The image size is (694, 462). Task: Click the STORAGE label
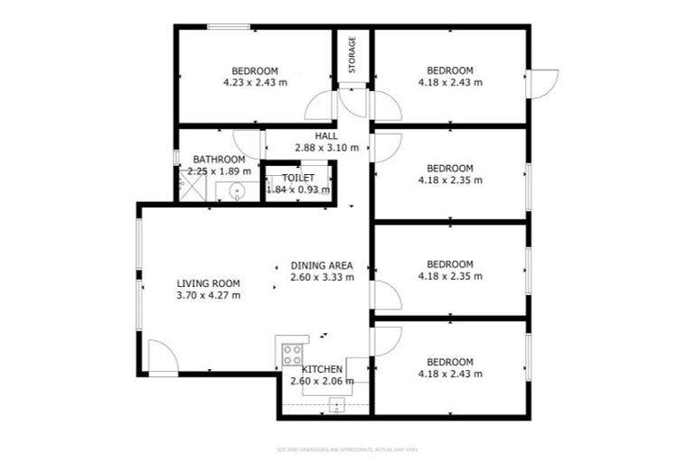point(352,56)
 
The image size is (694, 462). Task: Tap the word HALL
point(326,136)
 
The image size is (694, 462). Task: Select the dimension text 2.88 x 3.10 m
point(326,148)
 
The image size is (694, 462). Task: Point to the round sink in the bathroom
point(236,190)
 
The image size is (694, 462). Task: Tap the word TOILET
point(298,179)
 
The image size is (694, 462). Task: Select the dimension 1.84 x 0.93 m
point(298,189)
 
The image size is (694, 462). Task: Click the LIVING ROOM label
point(208,283)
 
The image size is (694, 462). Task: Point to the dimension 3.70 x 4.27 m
point(208,295)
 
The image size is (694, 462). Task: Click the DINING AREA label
point(322,265)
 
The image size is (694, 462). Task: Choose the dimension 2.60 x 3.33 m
point(322,277)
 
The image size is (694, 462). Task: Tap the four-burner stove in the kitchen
point(292,353)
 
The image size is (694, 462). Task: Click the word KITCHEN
point(322,370)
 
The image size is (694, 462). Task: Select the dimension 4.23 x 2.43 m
point(255,82)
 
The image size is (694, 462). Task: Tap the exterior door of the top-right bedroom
point(544,84)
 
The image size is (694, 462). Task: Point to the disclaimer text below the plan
point(347,448)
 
